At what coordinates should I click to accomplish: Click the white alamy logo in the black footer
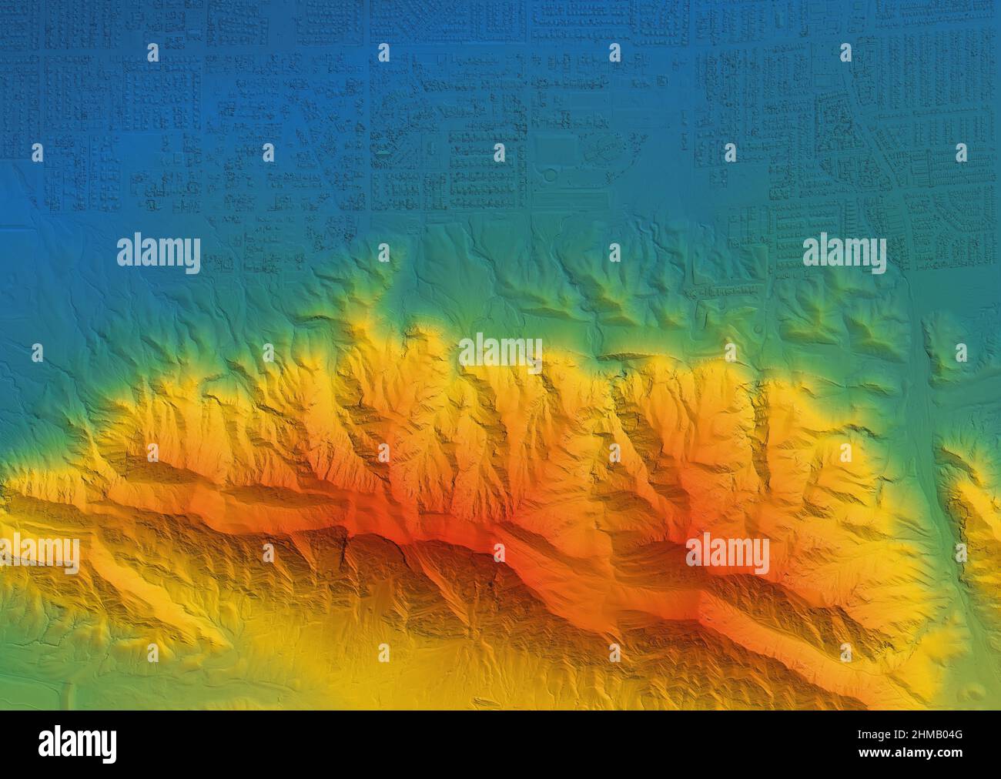tap(77, 744)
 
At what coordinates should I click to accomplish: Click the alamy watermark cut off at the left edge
tap(38, 553)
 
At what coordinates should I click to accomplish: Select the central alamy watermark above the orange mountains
tap(500, 352)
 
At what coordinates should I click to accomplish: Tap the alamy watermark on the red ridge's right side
tap(727, 553)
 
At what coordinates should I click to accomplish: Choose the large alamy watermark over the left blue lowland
tap(159, 254)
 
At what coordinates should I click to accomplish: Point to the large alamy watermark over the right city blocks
tap(844, 254)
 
